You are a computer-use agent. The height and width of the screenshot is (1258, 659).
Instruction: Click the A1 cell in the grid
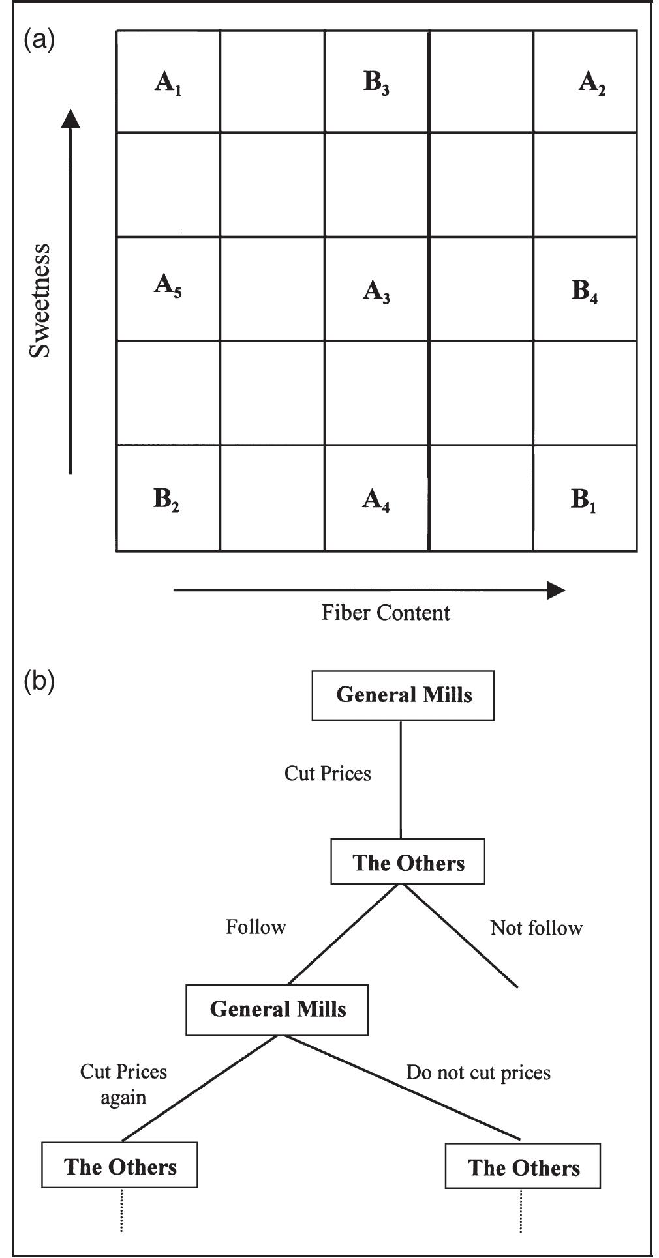pos(168,83)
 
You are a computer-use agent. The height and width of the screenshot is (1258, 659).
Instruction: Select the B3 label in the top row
pos(376,83)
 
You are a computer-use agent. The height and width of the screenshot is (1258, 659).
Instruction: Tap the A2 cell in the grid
pos(592,83)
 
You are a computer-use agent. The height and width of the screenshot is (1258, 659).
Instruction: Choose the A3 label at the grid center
pos(376,291)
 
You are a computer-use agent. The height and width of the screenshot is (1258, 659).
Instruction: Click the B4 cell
pos(585,291)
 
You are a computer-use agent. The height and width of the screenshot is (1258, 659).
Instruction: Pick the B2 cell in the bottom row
pos(166,499)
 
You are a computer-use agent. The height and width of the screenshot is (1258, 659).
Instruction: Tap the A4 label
pos(376,500)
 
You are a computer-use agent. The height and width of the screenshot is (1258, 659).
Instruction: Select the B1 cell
pos(584,500)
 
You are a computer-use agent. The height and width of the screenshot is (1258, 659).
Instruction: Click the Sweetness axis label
pos(40,300)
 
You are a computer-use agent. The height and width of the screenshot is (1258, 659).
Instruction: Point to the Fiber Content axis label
pos(386,613)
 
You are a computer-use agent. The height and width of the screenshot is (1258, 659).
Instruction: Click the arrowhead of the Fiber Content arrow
pos(556,591)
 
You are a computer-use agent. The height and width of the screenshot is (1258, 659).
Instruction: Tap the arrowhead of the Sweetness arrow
pos(70,119)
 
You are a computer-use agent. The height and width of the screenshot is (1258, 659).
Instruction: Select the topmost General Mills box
pos(403,695)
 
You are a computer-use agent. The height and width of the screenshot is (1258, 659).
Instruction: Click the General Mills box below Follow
pos(277,1010)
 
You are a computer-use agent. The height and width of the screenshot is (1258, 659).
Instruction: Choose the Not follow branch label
pos(536,928)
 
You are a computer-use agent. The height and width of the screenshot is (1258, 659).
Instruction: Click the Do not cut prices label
pos(478,1072)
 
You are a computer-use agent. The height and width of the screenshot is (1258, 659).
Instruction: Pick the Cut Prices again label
pos(123,1084)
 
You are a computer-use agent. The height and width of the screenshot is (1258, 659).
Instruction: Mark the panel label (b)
pos(39,681)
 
